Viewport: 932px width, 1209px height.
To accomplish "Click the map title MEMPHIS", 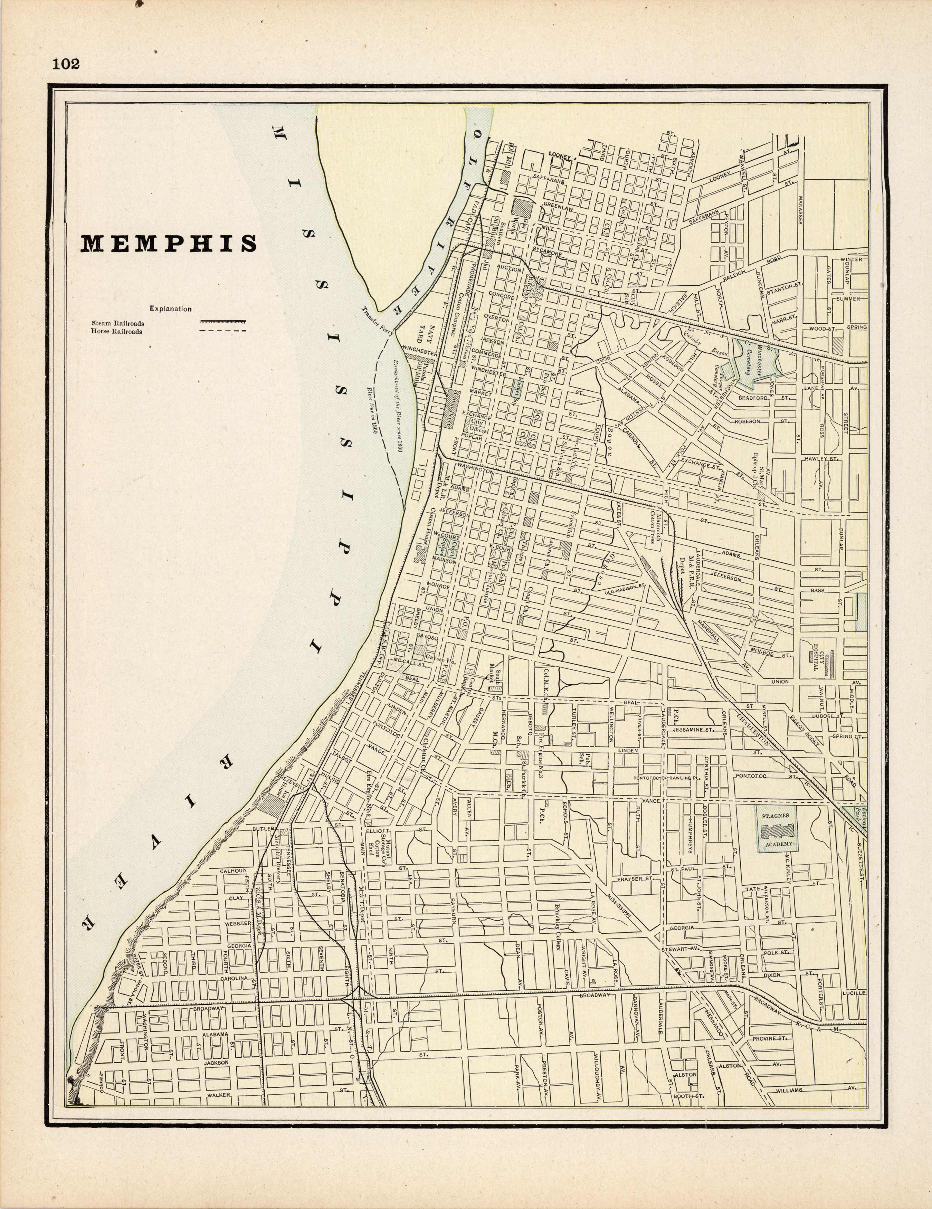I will [169, 244].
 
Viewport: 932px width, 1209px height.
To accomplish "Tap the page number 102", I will [66, 64].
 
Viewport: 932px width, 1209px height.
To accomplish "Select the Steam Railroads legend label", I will [118, 323].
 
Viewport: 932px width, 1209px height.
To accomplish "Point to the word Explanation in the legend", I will [170, 309].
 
